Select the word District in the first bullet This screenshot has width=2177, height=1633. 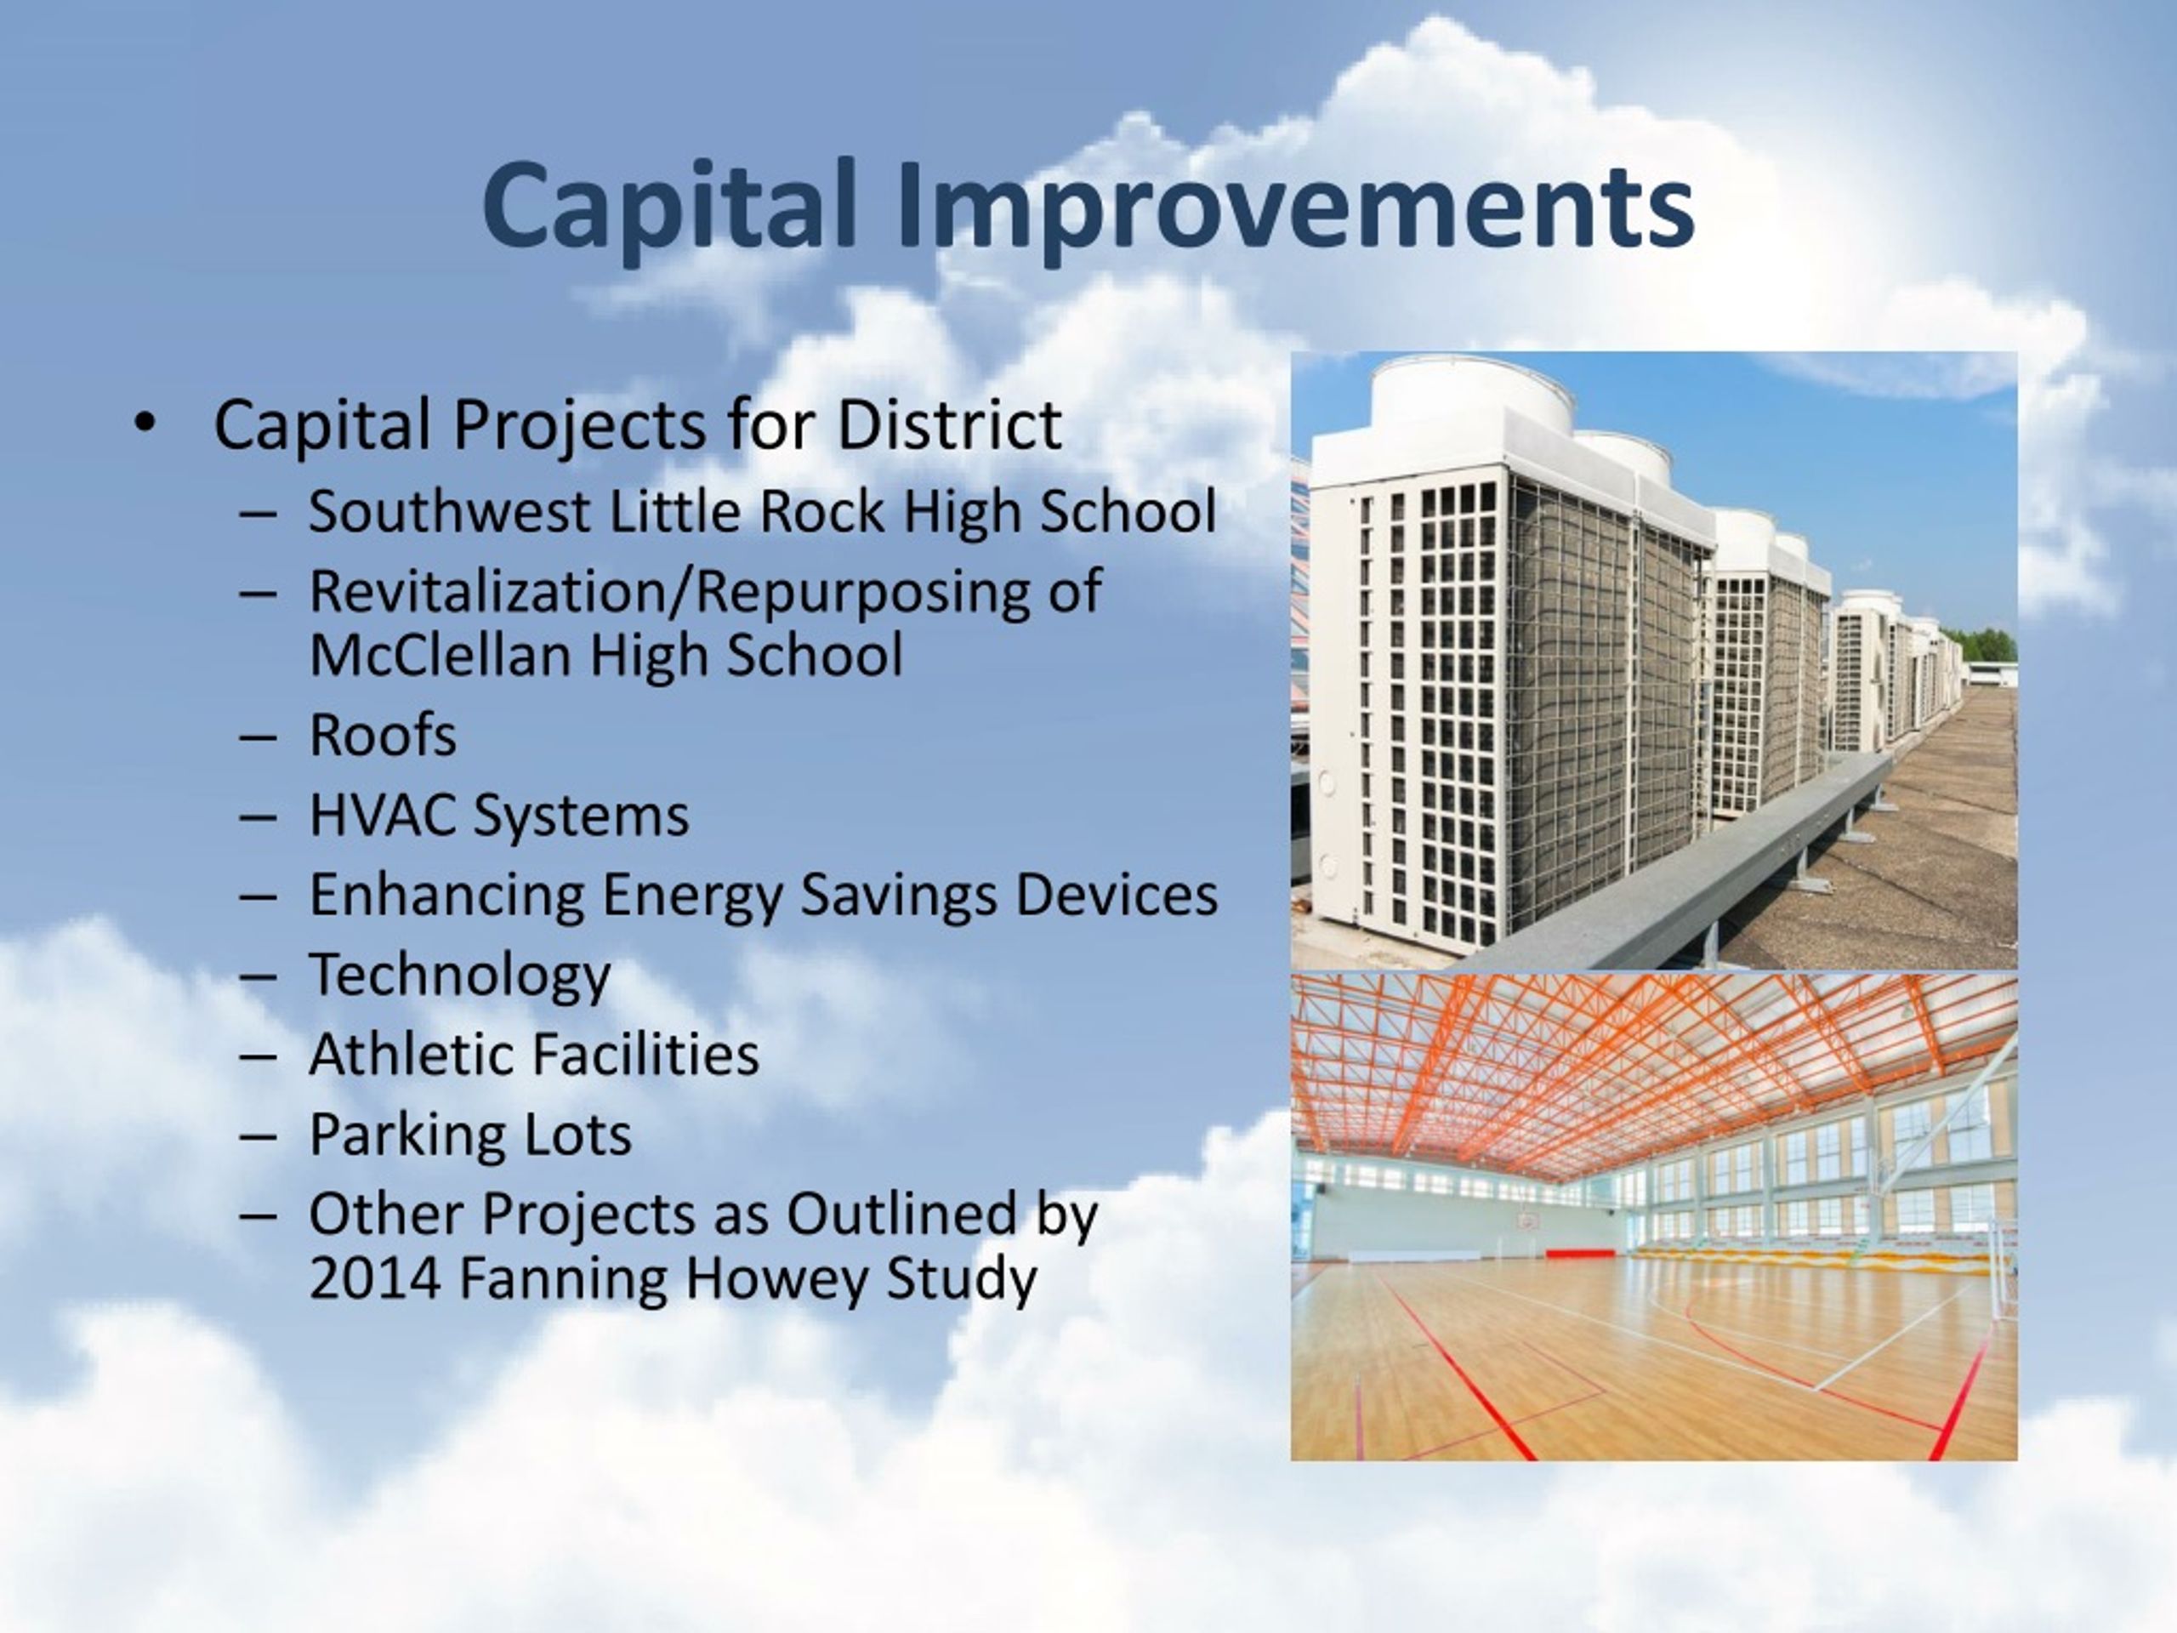click(x=949, y=425)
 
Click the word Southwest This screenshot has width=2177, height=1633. click(x=449, y=512)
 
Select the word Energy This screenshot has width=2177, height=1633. click(x=693, y=896)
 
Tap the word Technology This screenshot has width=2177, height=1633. click(x=459, y=976)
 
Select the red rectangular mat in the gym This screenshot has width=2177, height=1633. click(x=1580, y=1253)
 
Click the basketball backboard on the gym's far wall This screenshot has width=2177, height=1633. click(x=1526, y=1220)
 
